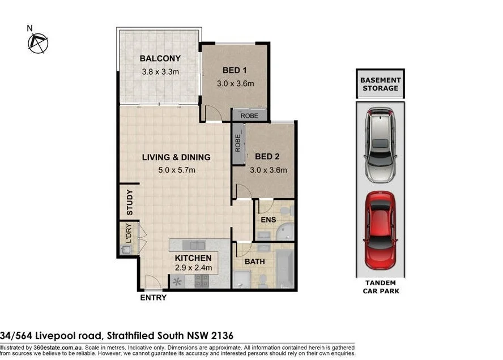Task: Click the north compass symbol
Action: [x=39, y=42]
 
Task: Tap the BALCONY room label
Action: [x=160, y=58]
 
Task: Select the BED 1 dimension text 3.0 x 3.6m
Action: [x=235, y=84]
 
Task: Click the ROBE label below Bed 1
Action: [x=249, y=115]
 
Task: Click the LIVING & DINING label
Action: [x=176, y=157]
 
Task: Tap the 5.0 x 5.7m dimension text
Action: [x=176, y=170]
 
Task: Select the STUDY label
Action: [x=130, y=202]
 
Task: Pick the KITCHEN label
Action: [x=193, y=258]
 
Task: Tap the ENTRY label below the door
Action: [x=153, y=298]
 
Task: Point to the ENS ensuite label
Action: [x=268, y=219]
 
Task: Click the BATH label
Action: [x=254, y=262]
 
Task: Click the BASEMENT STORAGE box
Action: [x=380, y=84]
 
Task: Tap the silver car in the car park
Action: [x=380, y=144]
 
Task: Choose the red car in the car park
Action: [x=380, y=229]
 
